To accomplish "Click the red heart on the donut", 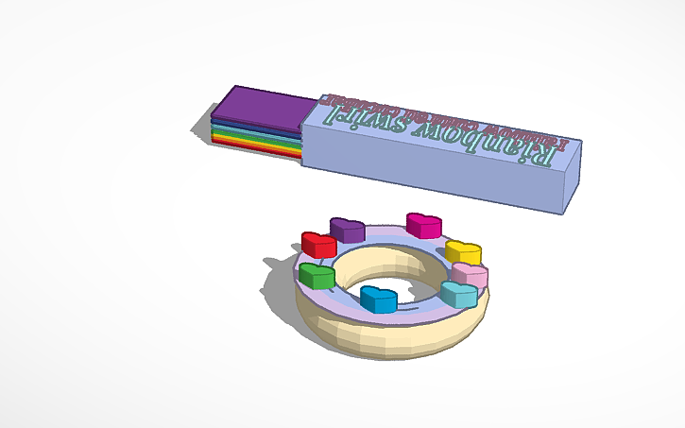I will pos(318,244).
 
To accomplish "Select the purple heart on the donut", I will pos(347,230).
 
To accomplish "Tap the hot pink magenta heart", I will pos(424,225).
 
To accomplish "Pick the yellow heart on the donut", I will pos(463,252).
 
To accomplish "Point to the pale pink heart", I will pos(470,275).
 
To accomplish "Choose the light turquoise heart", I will pos(458,294).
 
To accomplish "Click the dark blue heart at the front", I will pos(379,299).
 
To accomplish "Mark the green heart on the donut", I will pos(317,276).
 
